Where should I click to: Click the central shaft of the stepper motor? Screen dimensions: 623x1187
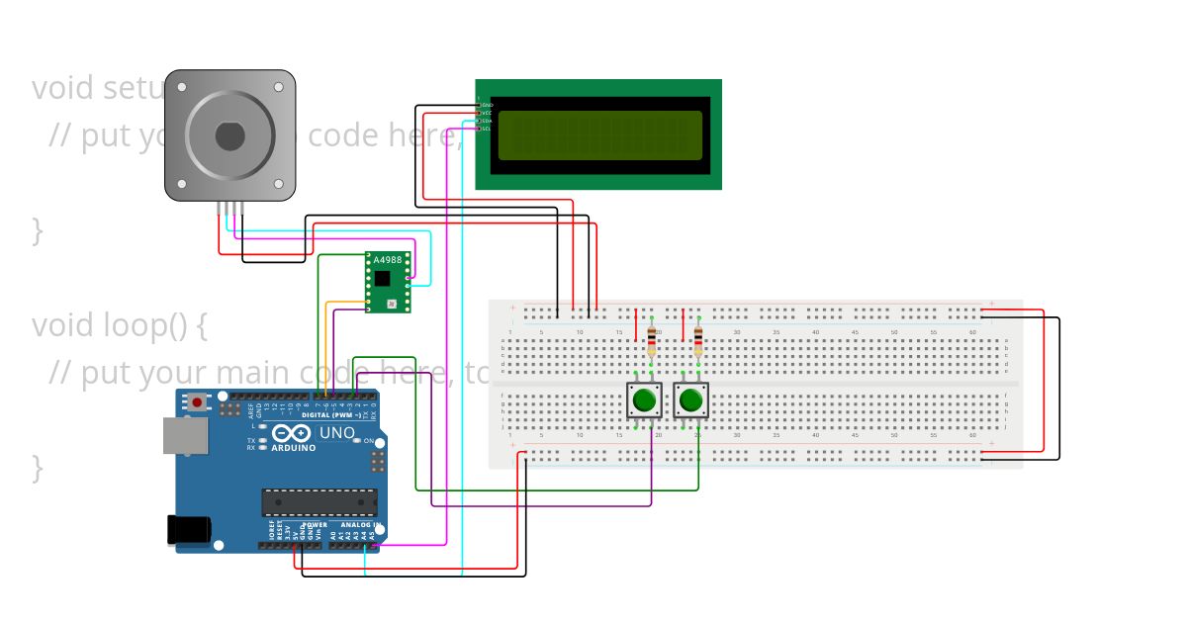[229, 135]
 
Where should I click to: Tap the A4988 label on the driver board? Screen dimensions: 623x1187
[388, 260]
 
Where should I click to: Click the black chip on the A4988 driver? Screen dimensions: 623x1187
[383, 279]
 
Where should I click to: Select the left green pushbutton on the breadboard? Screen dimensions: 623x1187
[644, 400]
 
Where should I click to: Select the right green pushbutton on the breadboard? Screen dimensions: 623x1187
[690, 400]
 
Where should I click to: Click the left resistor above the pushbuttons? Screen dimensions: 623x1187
[651, 340]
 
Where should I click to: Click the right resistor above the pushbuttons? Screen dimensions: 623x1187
[698, 340]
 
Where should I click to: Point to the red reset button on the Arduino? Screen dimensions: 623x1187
[198, 402]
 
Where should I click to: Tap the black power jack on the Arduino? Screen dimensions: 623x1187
[188, 530]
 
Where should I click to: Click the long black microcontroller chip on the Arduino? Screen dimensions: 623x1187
[319, 502]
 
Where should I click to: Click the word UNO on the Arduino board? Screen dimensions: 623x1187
[336, 433]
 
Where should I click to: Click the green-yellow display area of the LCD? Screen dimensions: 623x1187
[599, 134]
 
